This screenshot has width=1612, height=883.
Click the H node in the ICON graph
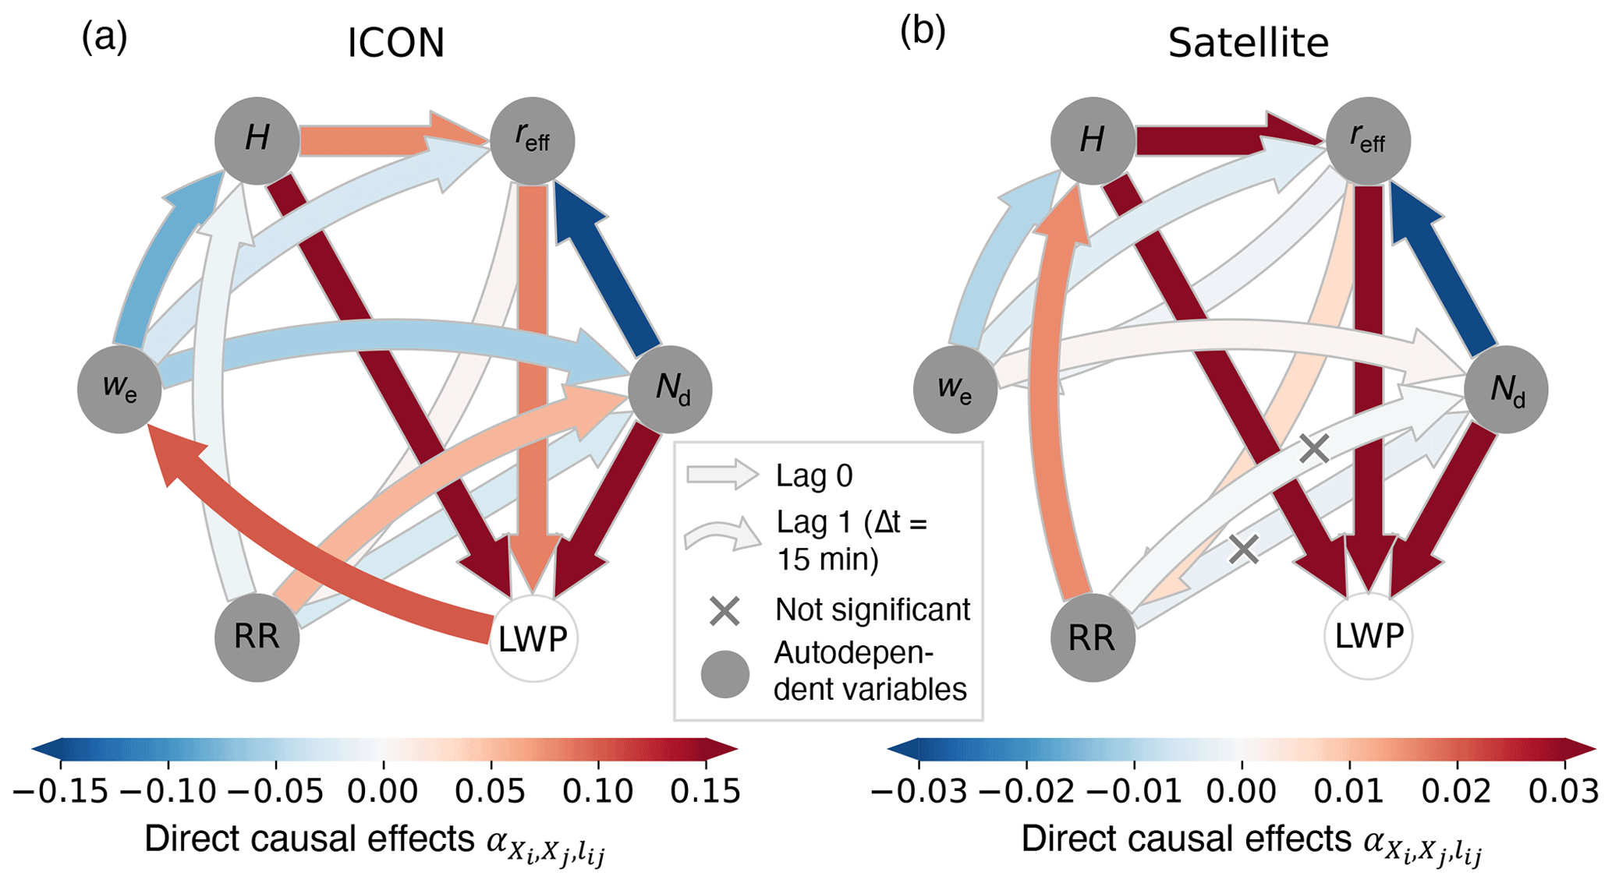point(257,140)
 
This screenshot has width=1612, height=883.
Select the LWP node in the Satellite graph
point(1368,636)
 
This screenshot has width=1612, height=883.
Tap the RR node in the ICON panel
point(257,638)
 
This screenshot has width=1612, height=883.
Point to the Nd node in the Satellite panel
point(1506,388)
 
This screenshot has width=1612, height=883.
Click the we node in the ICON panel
point(119,388)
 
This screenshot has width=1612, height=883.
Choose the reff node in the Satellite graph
point(1368,140)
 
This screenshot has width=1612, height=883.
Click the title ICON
point(395,43)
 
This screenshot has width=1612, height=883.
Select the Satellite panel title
point(1248,43)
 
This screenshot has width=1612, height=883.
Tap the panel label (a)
point(105,37)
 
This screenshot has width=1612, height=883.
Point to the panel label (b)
point(923,33)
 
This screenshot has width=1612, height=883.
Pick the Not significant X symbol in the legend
point(725,611)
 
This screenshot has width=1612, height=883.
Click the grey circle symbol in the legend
point(725,674)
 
